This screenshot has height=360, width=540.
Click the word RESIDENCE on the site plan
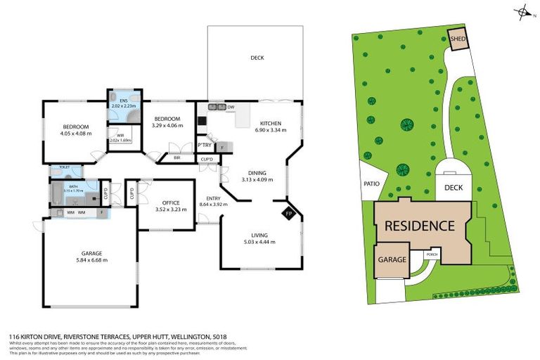click(x=419, y=226)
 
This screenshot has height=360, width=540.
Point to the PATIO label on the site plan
click(x=372, y=184)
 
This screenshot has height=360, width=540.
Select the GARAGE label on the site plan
click(x=392, y=259)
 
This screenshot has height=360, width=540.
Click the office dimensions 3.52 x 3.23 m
click(x=167, y=209)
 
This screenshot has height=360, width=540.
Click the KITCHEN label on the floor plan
click(x=271, y=123)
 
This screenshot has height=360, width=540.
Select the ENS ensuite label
click(x=124, y=101)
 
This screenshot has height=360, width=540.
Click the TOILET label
click(x=64, y=167)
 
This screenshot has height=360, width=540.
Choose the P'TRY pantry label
click(x=205, y=145)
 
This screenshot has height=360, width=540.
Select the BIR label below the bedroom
click(x=176, y=158)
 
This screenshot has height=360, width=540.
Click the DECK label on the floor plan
click(x=257, y=58)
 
